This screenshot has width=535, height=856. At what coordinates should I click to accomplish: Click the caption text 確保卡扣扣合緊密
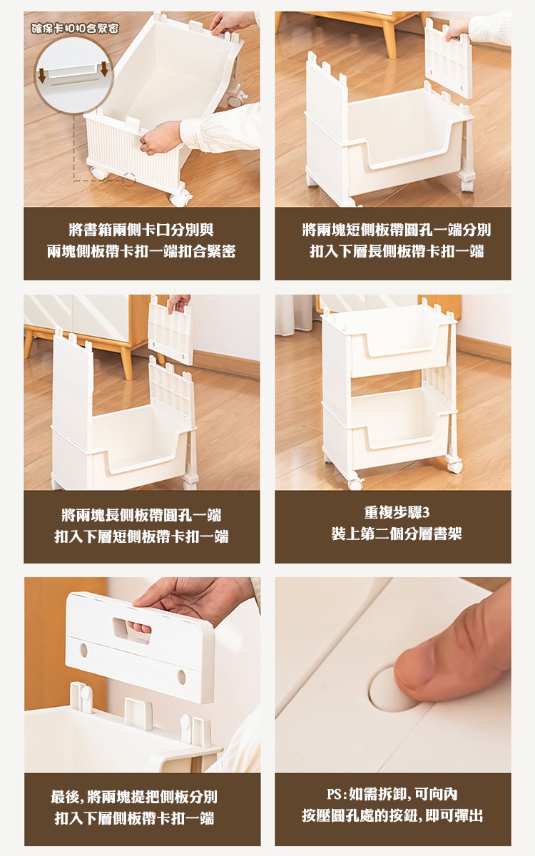pyautogui.click(x=75, y=29)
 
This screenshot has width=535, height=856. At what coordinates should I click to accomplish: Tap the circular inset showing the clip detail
pyautogui.click(x=73, y=75)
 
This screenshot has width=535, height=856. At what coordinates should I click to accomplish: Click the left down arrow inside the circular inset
pyautogui.click(x=41, y=75)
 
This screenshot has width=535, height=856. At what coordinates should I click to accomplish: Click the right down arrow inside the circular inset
pyautogui.click(x=104, y=69)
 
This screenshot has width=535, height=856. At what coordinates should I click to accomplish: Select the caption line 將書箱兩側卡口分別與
pyautogui.click(x=141, y=230)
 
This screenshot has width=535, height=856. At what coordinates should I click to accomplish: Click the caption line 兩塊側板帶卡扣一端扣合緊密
pyautogui.click(x=141, y=251)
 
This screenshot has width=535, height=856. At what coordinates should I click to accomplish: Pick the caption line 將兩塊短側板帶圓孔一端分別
pyautogui.click(x=397, y=230)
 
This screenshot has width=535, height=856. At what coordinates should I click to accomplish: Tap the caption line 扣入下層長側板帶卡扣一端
pyautogui.click(x=397, y=251)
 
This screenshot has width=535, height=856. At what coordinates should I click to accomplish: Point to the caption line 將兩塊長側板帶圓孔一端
pyautogui.click(x=141, y=515)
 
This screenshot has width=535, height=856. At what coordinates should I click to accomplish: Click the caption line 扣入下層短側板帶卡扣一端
pyautogui.click(x=141, y=536)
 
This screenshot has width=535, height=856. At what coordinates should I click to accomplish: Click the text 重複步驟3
pyautogui.click(x=397, y=512)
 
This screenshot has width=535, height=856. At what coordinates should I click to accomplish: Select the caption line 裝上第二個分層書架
pyautogui.click(x=397, y=534)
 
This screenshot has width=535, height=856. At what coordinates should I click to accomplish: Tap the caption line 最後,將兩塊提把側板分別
pyautogui.click(x=134, y=797)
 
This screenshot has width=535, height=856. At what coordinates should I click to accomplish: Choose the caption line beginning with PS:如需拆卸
pyautogui.click(x=392, y=794)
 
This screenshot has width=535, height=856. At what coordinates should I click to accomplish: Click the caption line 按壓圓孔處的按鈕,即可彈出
pyautogui.click(x=392, y=815)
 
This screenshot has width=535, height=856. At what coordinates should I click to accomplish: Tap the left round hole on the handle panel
pyautogui.click(x=83, y=651)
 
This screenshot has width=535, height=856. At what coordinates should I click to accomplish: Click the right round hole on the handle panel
pyautogui.click(x=182, y=677)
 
